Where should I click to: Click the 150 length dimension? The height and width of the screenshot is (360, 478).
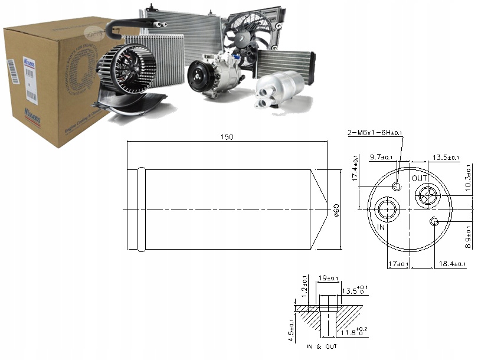click(x=227, y=137)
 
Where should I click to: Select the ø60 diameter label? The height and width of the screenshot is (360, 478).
click(x=336, y=210)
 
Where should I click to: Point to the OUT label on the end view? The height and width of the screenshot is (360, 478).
click(x=420, y=178)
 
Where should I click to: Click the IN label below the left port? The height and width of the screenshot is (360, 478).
click(x=381, y=227)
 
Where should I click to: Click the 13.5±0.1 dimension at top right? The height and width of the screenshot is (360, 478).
click(x=446, y=158)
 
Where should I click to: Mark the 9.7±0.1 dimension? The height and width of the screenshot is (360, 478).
click(x=381, y=158)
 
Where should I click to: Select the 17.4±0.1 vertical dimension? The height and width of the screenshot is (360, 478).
click(x=356, y=168)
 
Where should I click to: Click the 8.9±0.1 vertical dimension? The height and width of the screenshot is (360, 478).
click(x=469, y=237)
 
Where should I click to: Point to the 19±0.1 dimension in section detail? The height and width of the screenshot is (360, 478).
click(x=328, y=278)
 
